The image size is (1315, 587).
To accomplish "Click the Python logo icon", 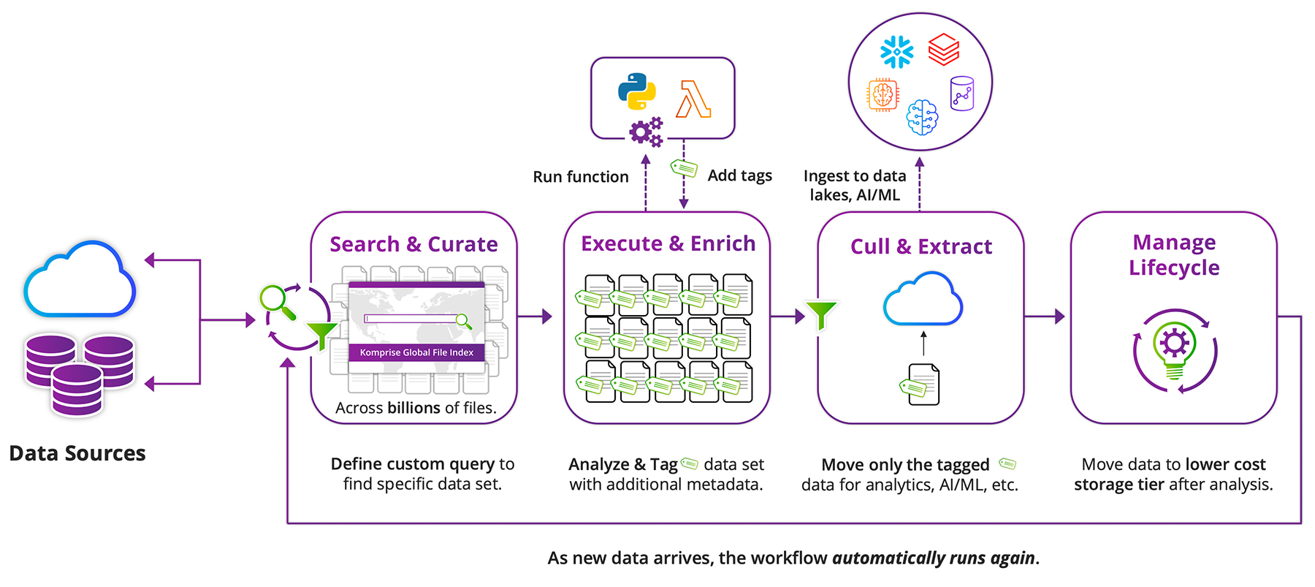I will click(x=636, y=91).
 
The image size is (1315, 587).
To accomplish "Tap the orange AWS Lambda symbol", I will click(x=693, y=99).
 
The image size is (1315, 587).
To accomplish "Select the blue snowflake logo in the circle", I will click(x=896, y=52).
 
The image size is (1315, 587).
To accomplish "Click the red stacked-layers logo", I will click(x=943, y=49).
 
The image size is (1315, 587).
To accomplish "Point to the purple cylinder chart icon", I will click(x=961, y=94).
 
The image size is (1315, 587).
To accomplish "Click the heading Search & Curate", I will click(x=413, y=244).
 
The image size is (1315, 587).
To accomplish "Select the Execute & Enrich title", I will click(x=668, y=243).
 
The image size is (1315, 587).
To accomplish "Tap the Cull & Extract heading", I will click(x=920, y=247).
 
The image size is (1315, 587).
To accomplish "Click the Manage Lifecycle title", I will click(x=1174, y=254).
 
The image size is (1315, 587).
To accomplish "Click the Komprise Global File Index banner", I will click(x=416, y=352).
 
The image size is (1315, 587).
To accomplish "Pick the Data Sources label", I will click(x=77, y=453).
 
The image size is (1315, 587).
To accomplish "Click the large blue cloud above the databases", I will click(x=80, y=281).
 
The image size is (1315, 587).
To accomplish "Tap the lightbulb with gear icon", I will click(x=1174, y=349).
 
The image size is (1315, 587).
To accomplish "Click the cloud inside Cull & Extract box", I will click(x=922, y=300).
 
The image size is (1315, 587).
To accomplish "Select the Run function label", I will click(x=580, y=177).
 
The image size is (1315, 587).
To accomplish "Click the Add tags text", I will click(x=739, y=175).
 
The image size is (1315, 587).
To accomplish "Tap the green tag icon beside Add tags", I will click(x=684, y=169).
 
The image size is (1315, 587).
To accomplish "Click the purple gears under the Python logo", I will click(x=646, y=132).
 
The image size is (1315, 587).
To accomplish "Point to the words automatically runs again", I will click(x=933, y=558).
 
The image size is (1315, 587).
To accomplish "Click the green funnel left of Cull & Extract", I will click(x=821, y=314).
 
